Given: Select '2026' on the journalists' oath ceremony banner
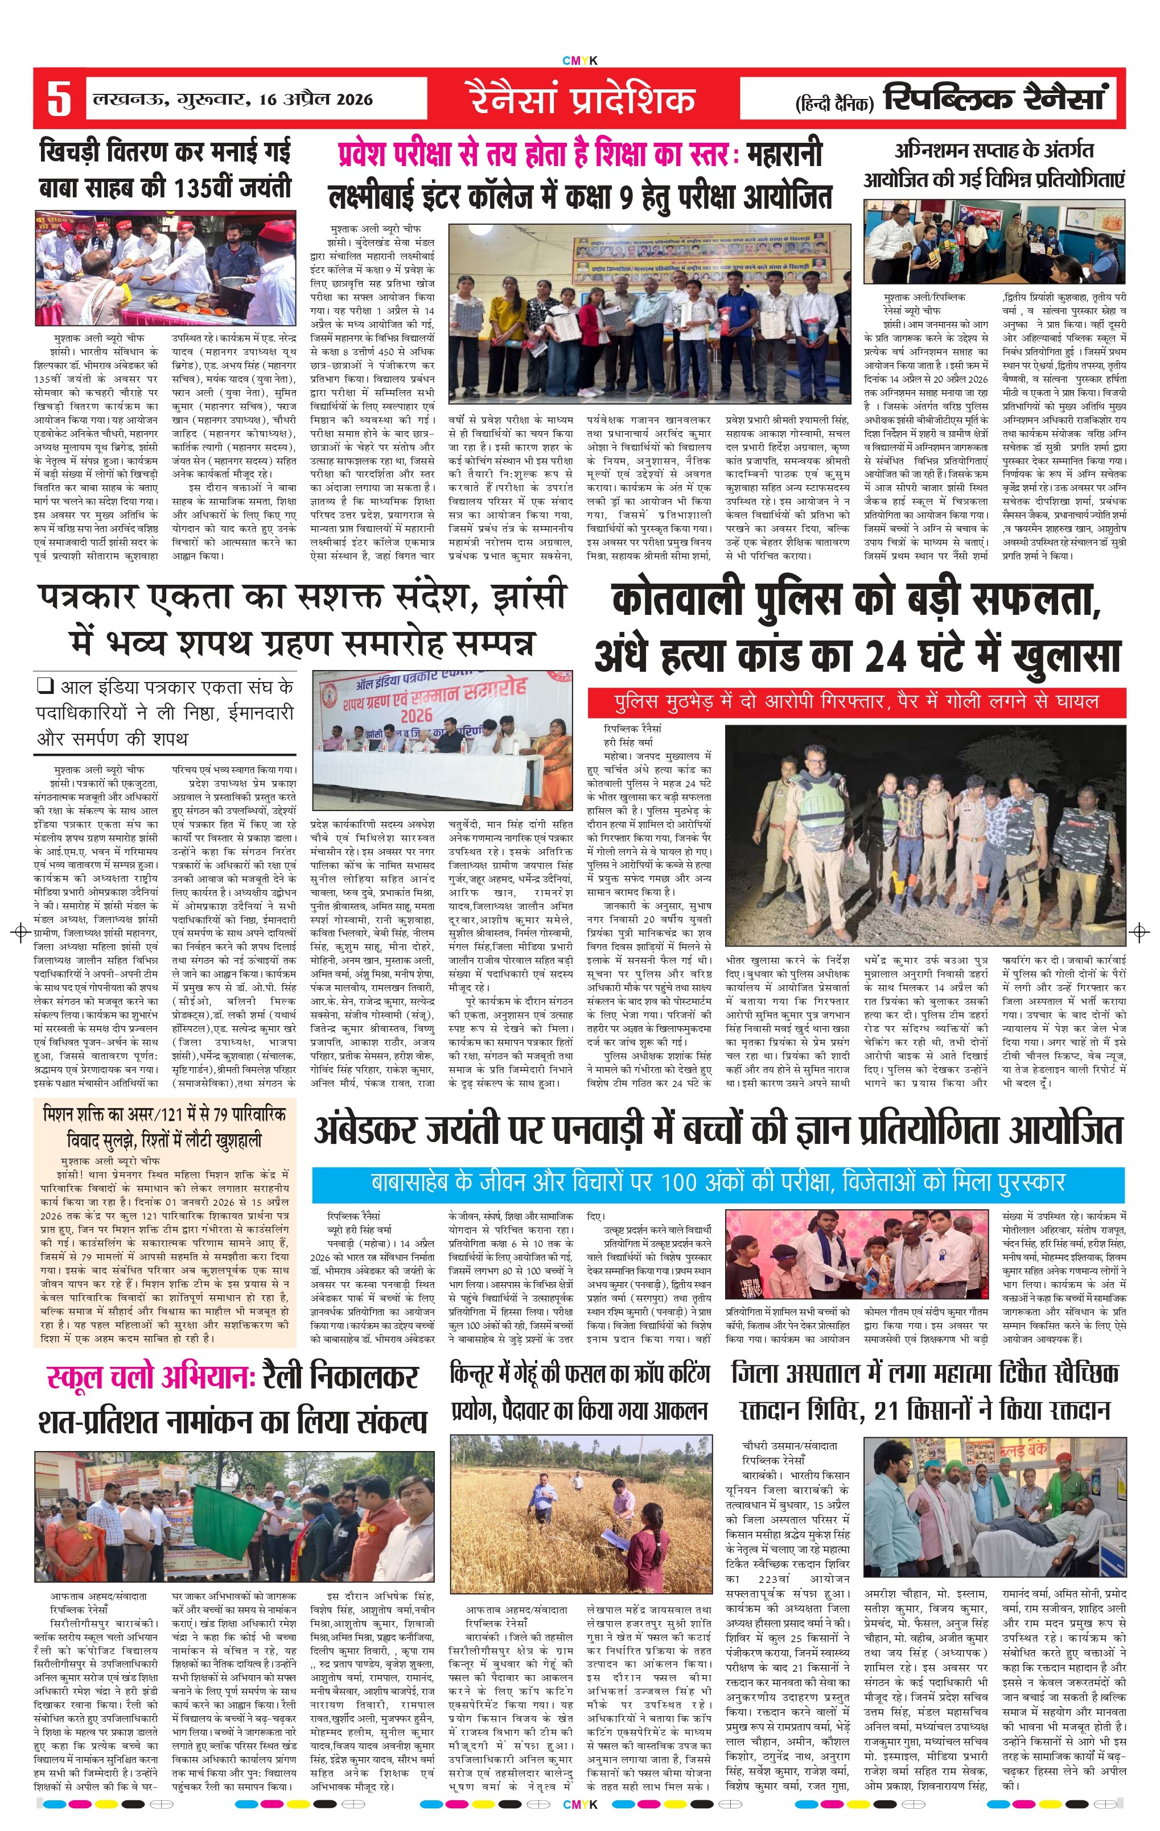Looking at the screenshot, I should point(416,715).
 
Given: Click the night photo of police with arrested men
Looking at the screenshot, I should point(924,835).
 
